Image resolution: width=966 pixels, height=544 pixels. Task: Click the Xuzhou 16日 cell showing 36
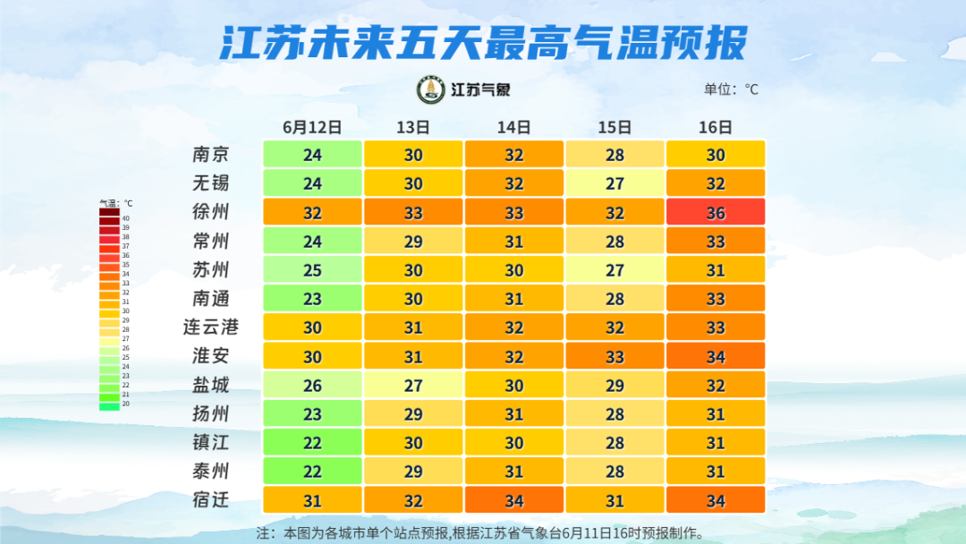716,212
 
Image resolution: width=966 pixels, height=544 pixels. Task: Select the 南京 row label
211,154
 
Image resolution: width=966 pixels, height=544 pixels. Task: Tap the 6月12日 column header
312,127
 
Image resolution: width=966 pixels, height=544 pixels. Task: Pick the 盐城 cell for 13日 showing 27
413,385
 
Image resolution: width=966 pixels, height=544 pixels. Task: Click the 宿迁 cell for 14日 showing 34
514,499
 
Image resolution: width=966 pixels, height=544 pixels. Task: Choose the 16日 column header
716,127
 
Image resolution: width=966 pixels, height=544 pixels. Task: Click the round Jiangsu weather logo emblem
431,89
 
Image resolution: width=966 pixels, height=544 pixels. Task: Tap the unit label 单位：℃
731,89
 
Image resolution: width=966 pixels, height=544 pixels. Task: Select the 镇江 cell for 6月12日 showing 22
312,442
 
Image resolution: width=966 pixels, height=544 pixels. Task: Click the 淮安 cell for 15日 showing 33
614,356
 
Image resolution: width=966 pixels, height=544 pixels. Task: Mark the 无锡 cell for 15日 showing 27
614,183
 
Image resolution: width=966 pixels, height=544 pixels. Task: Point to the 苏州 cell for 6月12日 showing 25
312,269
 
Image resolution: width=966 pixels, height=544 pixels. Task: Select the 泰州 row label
211,471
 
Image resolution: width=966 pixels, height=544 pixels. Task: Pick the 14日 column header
514,127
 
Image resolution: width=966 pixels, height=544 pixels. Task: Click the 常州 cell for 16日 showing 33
716,241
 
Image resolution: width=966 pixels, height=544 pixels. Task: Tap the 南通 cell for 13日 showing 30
413,298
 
